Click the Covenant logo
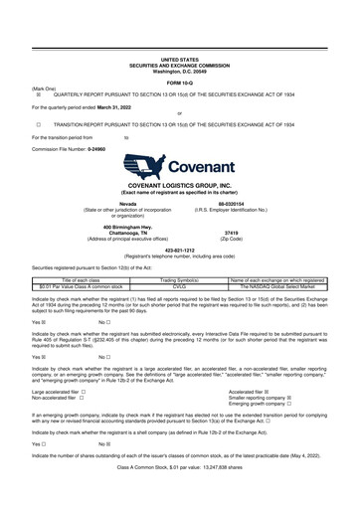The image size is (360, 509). click(180, 168)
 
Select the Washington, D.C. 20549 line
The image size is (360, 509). click(180, 43)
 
